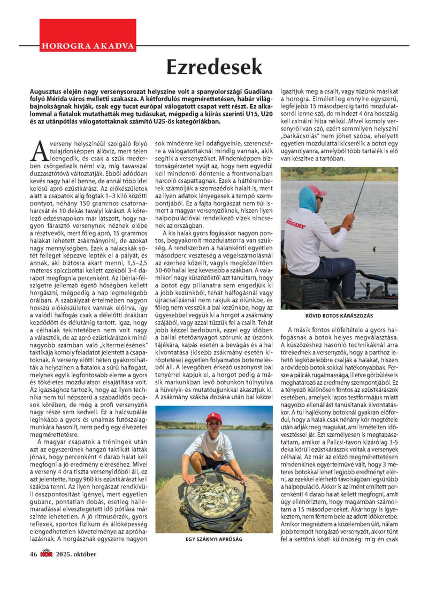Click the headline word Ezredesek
(214, 68)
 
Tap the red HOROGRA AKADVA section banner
(88, 45)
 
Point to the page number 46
(33, 553)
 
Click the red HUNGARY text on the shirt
(310, 232)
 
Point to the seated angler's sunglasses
(319, 198)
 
